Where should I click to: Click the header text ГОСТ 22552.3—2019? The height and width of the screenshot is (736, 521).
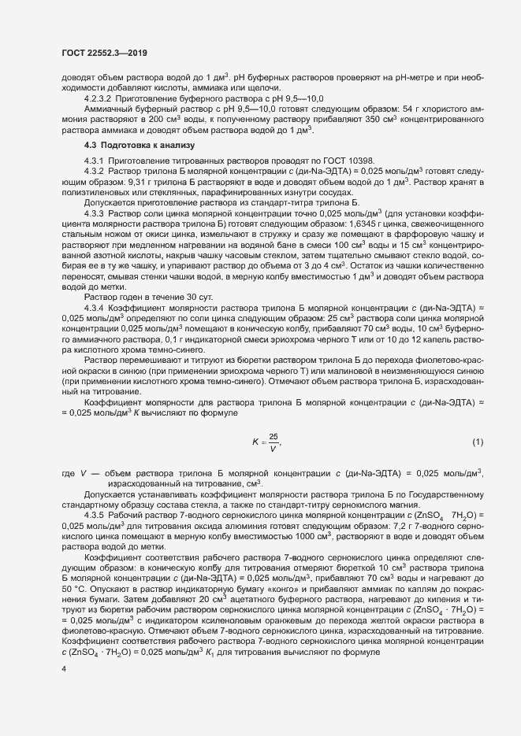(x=104, y=52)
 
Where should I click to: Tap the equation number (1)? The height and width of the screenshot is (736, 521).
(x=477, y=442)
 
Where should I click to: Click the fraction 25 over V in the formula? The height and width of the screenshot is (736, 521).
(x=274, y=442)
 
